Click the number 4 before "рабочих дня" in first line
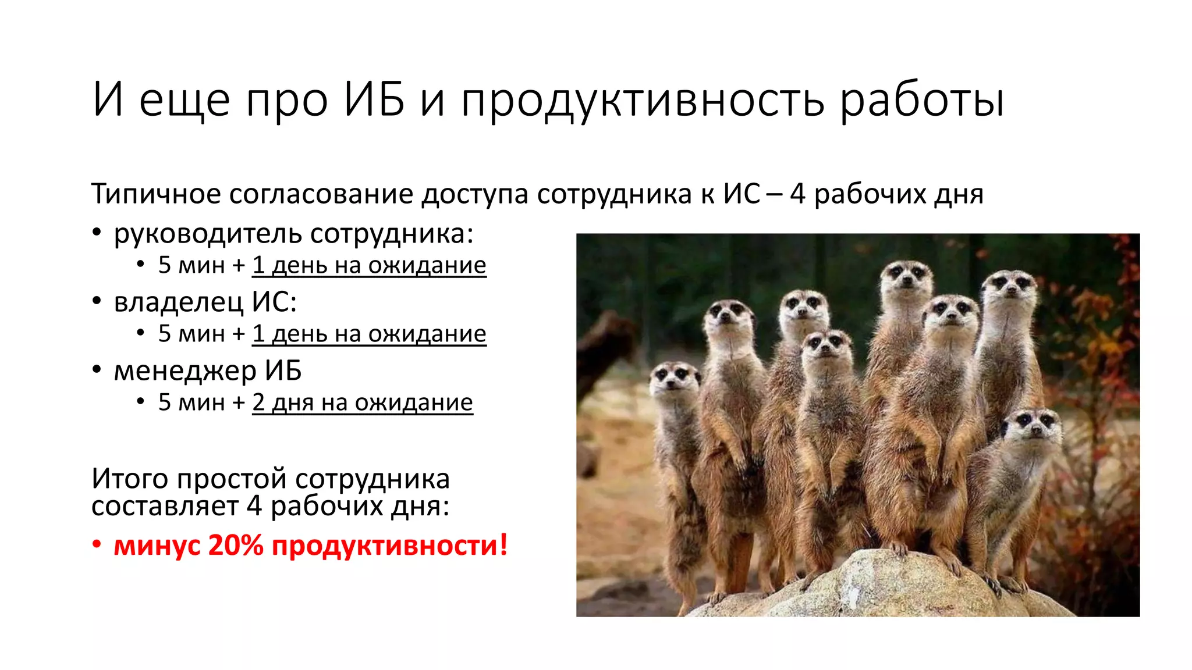point(797,194)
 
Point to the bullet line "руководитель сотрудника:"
point(293,234)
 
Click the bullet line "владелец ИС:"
point(205,302)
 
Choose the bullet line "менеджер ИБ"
point(207,370)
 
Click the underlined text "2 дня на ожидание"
point(362,402)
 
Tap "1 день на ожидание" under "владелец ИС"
point(369,334)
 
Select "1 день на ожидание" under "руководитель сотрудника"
point(369,265)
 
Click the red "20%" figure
point(235,546)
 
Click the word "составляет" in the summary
point(165,506)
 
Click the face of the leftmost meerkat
point(673,378)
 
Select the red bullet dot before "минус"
point(97,546)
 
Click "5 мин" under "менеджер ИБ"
point(191,402)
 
